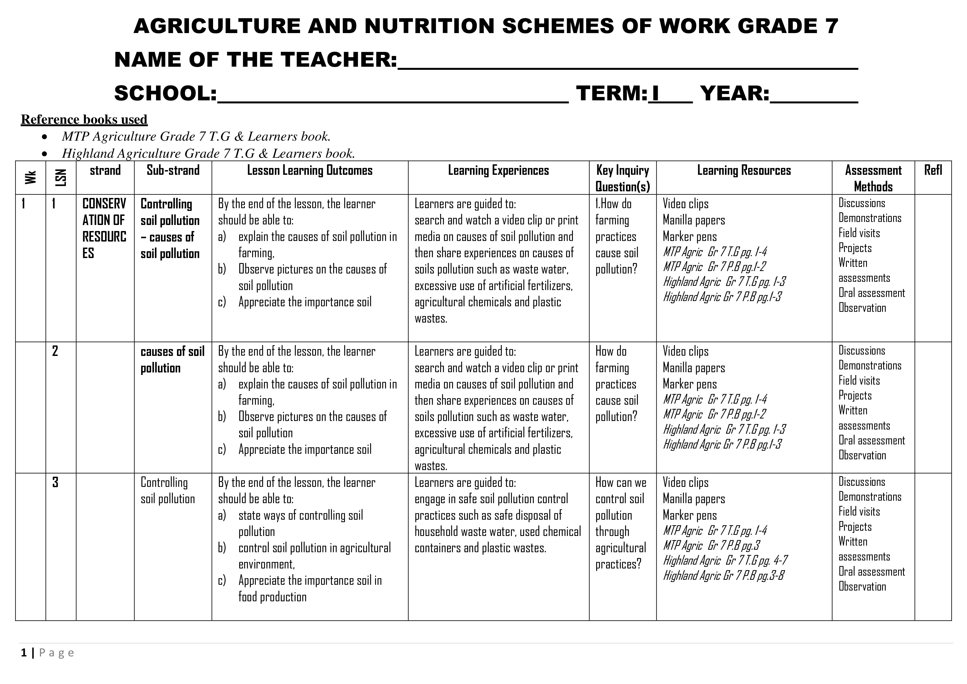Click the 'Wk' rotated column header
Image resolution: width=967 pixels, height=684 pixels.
click(30, 177)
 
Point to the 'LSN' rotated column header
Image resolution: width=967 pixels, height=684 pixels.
click(61, 177)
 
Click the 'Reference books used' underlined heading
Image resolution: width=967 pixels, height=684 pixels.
click(84, 120)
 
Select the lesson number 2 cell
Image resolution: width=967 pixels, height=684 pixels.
click(55, 351)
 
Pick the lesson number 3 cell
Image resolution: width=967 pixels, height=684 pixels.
click(55, 482)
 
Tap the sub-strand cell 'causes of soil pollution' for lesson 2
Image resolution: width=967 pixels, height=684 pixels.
click(172, 359)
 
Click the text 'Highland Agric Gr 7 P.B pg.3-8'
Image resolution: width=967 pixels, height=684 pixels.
click(723, 576)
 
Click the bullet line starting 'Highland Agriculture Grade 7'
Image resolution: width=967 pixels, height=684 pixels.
click(208, 153)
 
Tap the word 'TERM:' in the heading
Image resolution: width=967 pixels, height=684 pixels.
click(611, 93)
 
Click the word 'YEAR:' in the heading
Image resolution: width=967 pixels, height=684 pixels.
click(735, 93)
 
